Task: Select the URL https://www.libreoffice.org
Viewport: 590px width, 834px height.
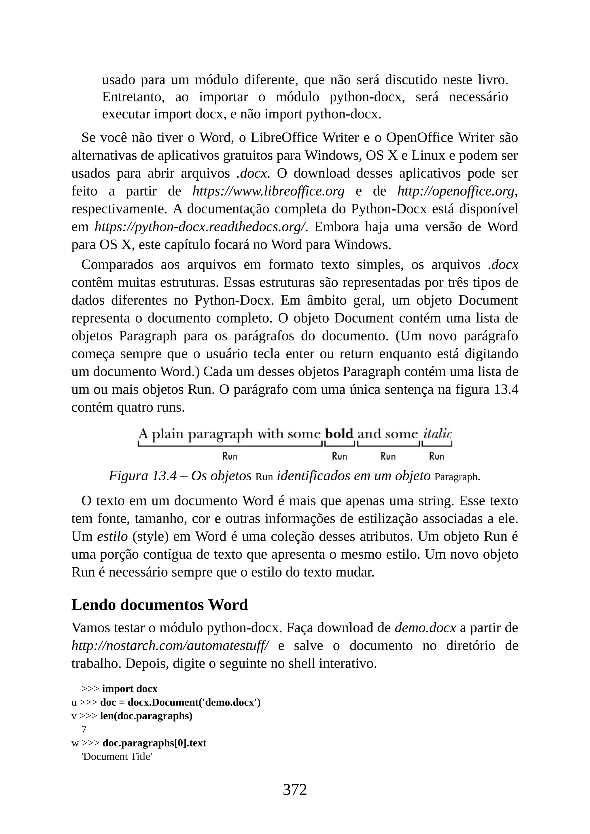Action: [x=268, y=191]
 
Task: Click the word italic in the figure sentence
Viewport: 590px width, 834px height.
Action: [x=437, y=434]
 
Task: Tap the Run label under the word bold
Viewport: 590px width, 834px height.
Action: [x=339, y=456]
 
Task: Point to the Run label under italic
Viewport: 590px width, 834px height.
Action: [x=436, y=456]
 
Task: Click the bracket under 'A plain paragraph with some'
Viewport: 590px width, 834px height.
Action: [x=230, y=444]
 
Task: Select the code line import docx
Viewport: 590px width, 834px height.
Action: [x=130, y=689]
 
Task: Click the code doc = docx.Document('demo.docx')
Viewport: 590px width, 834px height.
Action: [x=180, y=702]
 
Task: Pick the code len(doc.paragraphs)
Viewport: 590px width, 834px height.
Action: [x=146, y=716]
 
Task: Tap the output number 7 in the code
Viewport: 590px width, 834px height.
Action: [x=84, y=729]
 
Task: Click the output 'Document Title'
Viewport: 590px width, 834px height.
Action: [x=116, y=757]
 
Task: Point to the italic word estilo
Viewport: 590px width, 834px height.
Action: [x=112, y=537]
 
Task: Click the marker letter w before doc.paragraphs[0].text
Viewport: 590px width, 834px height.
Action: [x=75, y=743]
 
